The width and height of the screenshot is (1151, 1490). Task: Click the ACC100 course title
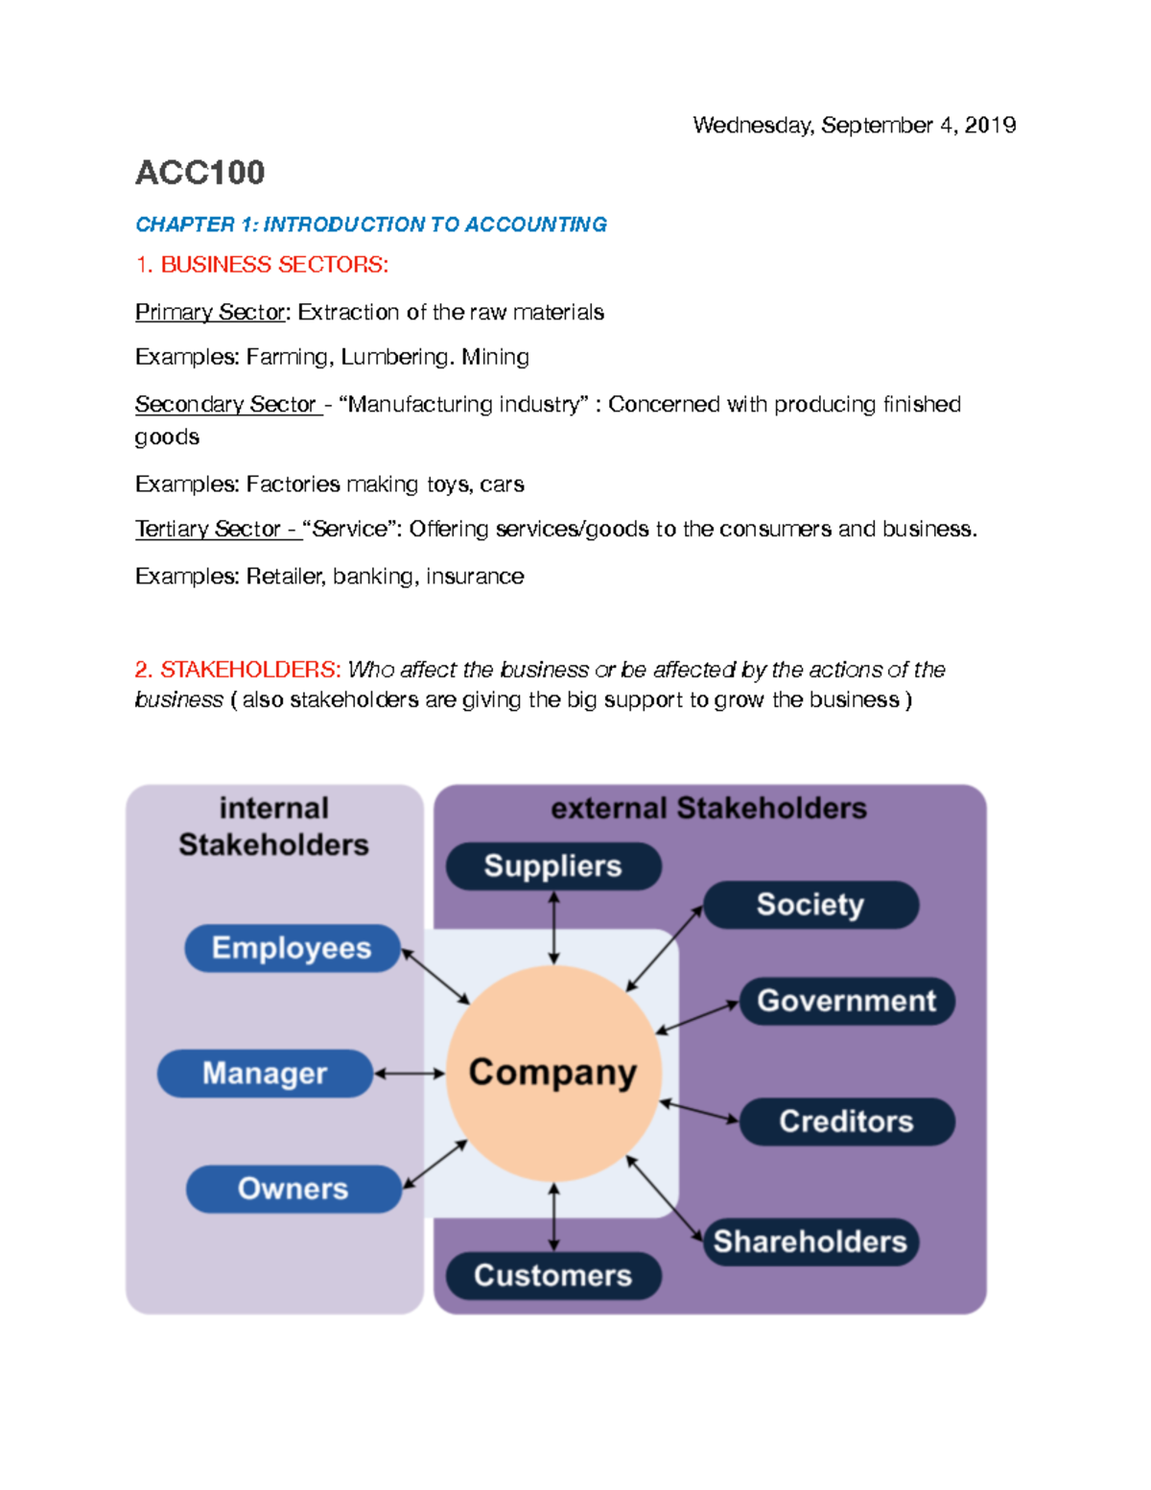point(200,173)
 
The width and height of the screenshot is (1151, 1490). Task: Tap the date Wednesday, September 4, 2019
point(854,126)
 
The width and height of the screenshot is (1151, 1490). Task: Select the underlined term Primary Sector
point(210,313)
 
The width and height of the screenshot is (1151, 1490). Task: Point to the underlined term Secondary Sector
point(226,405)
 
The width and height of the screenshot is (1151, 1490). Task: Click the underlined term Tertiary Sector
point(208,530)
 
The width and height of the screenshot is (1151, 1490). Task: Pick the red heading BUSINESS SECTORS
point(273,265)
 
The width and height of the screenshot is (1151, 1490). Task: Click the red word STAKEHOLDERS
point(249,670)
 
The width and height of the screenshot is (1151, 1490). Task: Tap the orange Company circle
point(553,1073)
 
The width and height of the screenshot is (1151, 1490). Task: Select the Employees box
point(292,948)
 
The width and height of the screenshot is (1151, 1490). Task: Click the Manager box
point(265,1074)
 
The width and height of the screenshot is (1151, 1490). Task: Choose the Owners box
point(294,1189)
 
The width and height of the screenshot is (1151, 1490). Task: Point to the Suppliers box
point(553,866)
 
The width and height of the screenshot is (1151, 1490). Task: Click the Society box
point(810,905)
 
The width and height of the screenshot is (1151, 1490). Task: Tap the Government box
point(846,1002)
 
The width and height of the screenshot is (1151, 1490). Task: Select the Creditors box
point(846,1122)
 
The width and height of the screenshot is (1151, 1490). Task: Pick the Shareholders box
point(810,1242)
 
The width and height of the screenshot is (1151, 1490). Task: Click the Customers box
point(553,1276)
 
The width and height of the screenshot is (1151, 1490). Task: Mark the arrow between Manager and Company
point(410,1074)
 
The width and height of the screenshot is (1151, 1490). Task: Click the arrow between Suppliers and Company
point(553,928)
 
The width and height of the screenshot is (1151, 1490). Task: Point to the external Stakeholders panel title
point(709,809)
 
